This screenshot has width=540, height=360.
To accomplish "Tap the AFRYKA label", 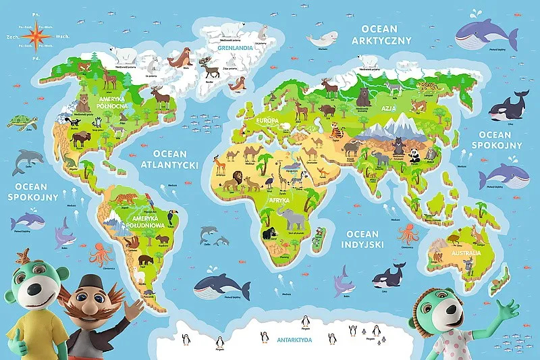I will point(279,201).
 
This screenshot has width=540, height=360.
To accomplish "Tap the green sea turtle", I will point(20,122).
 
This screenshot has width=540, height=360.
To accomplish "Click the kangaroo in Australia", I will point(480,234).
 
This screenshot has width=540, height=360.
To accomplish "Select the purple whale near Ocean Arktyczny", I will point(481,30).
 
